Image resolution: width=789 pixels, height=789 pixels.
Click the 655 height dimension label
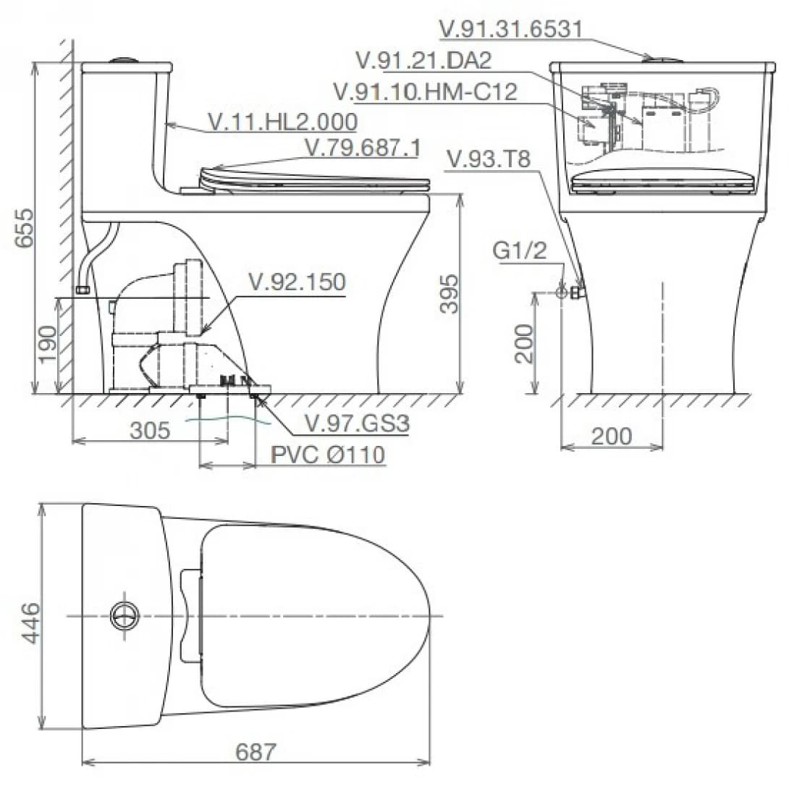point(25,227)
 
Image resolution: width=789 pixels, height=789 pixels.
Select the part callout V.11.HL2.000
point(283,122)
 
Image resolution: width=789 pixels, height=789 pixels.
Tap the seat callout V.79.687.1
point(363,148)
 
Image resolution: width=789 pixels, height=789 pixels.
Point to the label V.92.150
point(298,282)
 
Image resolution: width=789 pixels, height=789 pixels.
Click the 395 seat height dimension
point(449,294)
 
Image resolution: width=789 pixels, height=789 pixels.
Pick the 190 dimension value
point(48,344)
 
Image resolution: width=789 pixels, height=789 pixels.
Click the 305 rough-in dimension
point(150,431)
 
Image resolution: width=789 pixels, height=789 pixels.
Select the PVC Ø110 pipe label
point(328,455)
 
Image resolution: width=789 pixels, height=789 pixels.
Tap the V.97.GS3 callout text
point(358,423)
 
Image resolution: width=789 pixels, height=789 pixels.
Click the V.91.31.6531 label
point(511,29)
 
